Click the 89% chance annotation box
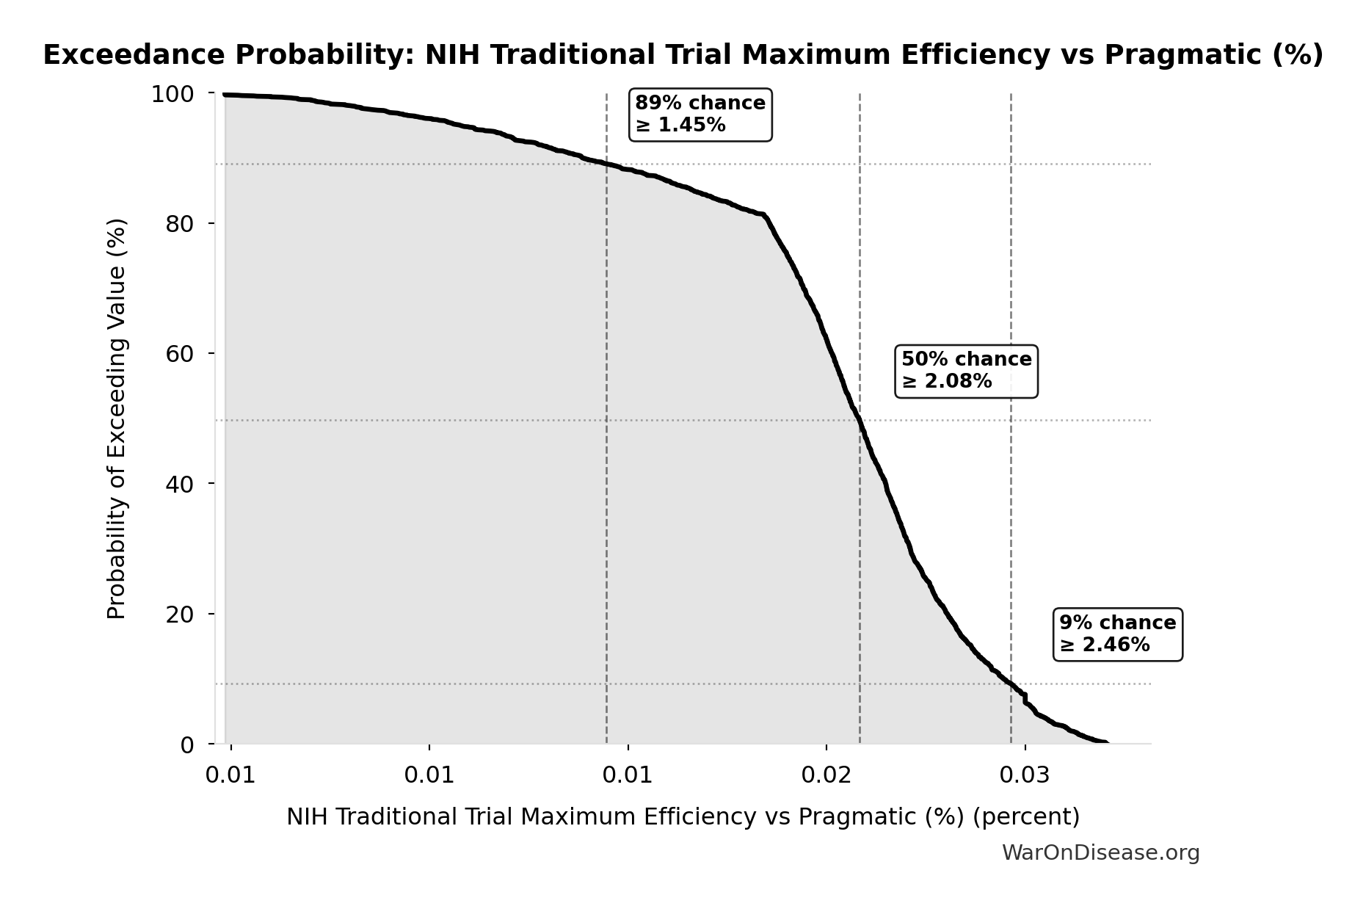click(700, 115)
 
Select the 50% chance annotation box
click(966, 371)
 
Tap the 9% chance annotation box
click(1117, 634)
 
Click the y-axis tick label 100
click(172, 94)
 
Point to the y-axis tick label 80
click(180, 224)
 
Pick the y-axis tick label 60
click(180, 354)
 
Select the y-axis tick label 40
click(180, 484)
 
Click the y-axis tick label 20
click(180, 615)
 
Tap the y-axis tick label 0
click(187, 744)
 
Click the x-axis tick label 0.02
click(826, 776)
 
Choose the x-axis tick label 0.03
click(1025, 776)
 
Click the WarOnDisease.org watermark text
click(1100, 852)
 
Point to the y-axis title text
click(117, 418)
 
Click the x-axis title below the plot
click(683, 816)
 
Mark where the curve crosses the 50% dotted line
click(859, 421)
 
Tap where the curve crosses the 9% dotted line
click(1010, 684)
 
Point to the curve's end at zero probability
click(1107, 743)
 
